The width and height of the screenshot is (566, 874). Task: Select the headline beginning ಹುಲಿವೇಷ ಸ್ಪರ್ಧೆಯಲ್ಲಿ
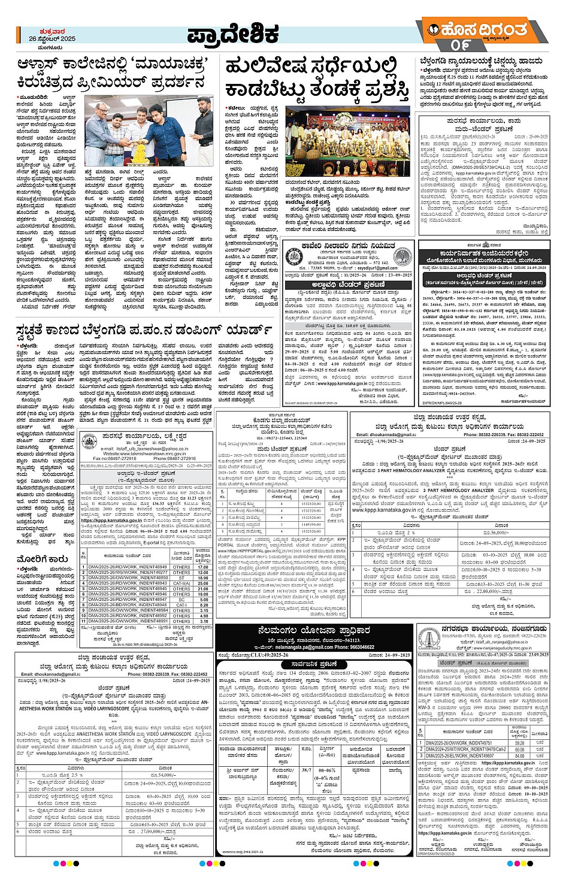point(311,67)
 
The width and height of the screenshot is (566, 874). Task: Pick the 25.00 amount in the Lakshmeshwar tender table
point(203,583)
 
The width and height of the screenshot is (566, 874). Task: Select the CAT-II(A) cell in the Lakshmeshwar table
point(181,583)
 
